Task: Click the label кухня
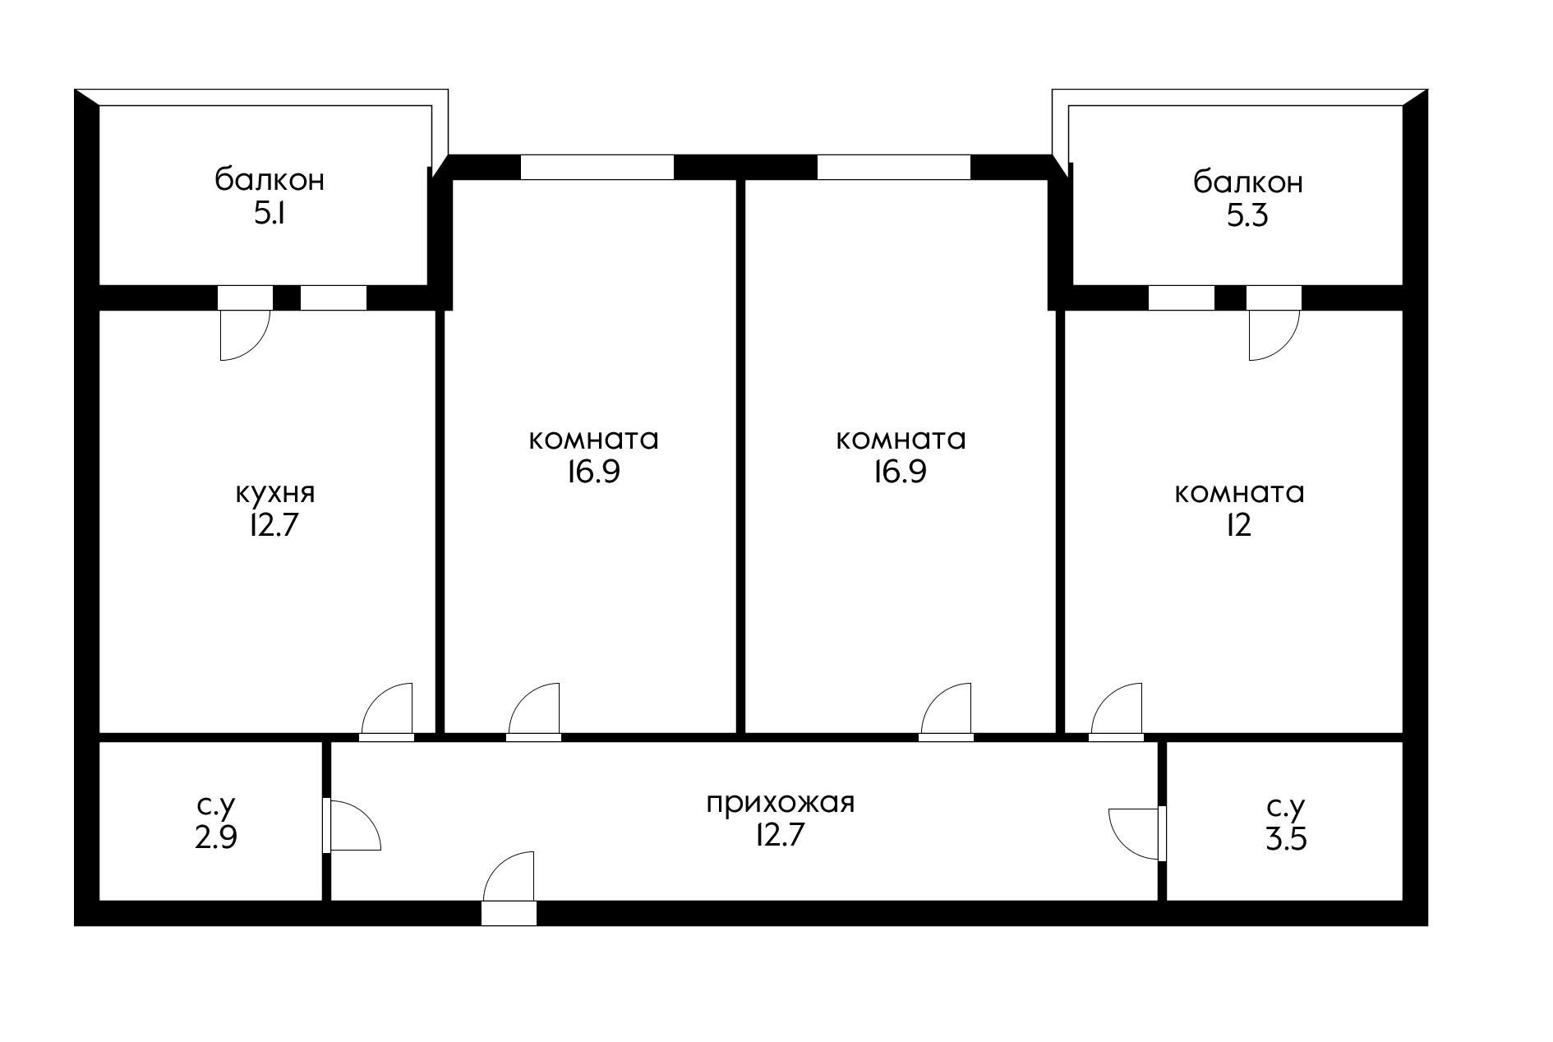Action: point(274,493)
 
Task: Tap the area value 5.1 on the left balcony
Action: point(270,214)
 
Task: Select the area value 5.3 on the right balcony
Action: point(1247,216)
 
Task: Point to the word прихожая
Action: point(781,801)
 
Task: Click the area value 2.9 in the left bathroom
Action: point(216,837)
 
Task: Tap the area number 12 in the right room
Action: point(1238,524)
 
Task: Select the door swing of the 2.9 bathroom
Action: point(353,827)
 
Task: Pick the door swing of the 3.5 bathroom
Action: point(1134,833)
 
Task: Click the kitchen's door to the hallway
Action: point(388,711)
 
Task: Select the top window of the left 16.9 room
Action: point(597,167)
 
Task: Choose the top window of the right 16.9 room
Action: point(893,167)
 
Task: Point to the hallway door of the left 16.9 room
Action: point(535,711)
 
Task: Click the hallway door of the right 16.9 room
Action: point(947,711)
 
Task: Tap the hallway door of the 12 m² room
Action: point(1116,711)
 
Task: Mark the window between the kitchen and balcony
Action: point(333,297)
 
